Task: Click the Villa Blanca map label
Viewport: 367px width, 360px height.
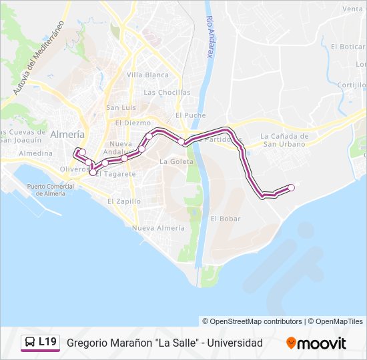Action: [x=147, y=75]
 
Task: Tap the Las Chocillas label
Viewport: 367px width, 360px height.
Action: [x=167, y=93]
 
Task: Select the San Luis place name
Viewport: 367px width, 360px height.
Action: [x=121, y=107]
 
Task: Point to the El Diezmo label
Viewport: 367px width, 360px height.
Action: [x=133, y=123]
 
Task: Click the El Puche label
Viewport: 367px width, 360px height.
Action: [x=190, y=115]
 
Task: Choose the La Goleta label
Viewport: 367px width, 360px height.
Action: [x=176, y=161]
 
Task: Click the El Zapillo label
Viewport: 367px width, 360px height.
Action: [x=124, y=201]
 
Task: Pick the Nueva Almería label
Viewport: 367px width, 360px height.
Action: [x=158, y=227]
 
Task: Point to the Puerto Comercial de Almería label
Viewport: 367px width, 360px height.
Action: [x=46, y=190]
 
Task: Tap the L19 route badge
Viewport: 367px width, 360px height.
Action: [x=40, y=343]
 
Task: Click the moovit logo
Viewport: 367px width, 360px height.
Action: [x=316, y=343]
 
